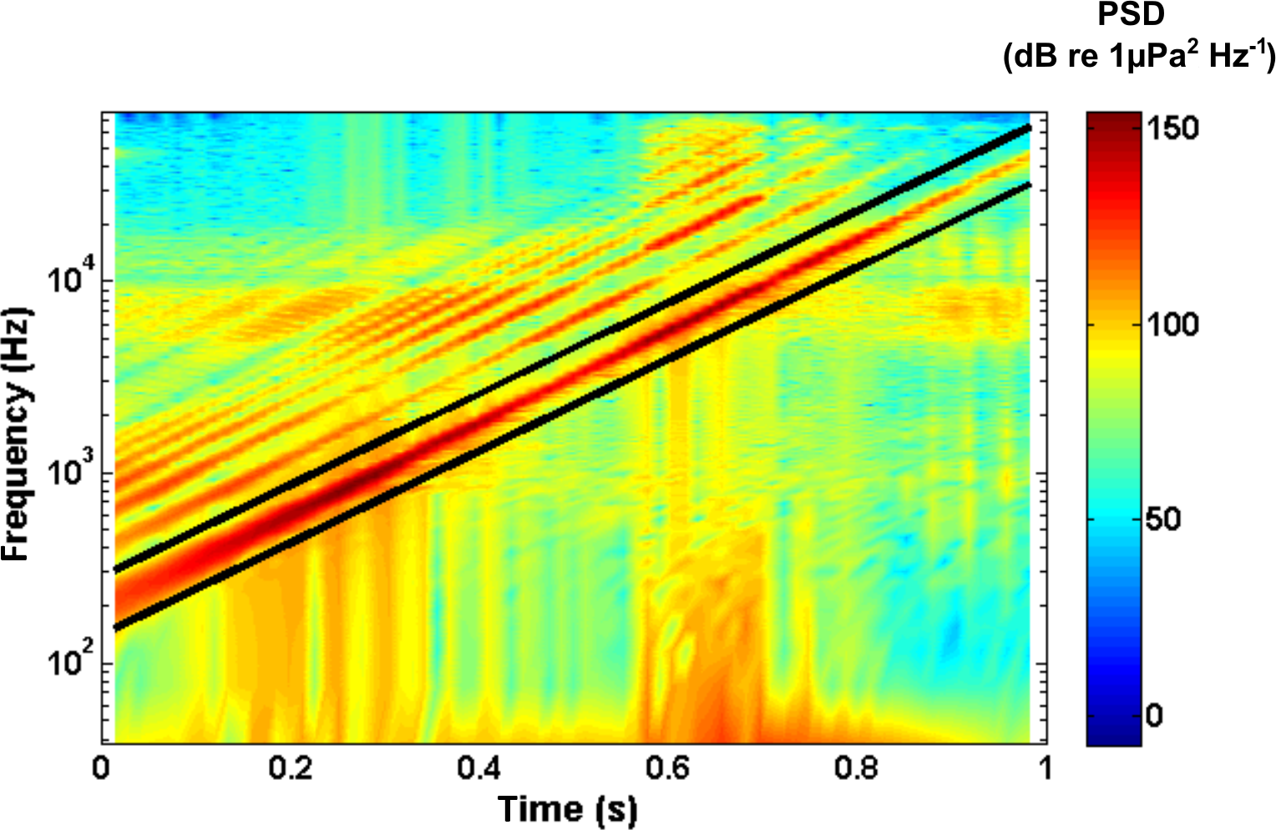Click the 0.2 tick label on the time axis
click(x=291, y=768)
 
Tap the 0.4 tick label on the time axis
click(x=479, y=768)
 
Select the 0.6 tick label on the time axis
click(x=669, y=768)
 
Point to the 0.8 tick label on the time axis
click(x=858, y=768)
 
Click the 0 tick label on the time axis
click(x=102, y=768)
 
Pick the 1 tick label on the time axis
click(x=1046, y=768)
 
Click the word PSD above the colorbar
click(x=1132, y=15)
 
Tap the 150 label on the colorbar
click(x=1172, y=129)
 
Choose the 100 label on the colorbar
click(x=1172, y=324)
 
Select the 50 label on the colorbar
click(x=1162, y=519)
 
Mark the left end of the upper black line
click(x=117, y=570)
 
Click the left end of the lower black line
click(x=117, y=628)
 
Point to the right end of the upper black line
click(x=1028, y=128)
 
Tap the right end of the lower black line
click(x=1028, y=185)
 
